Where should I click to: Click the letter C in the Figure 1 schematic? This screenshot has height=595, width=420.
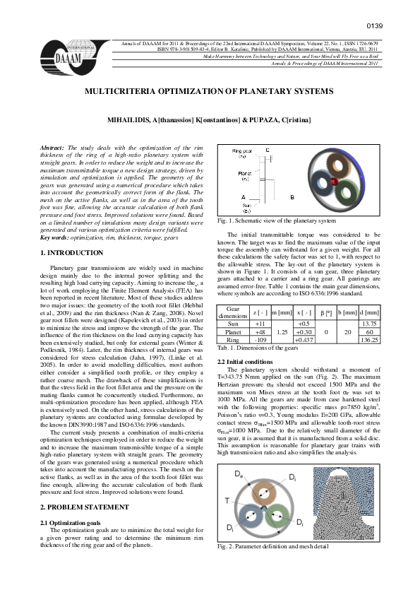click(x=268, y=150)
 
